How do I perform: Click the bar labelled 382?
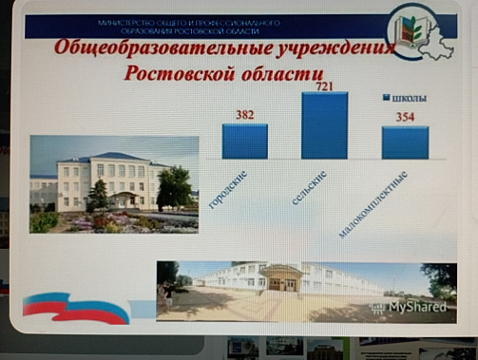245,141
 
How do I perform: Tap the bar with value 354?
405,142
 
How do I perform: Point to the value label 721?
325,85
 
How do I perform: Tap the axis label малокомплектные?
374,204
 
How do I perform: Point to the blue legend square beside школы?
387,98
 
